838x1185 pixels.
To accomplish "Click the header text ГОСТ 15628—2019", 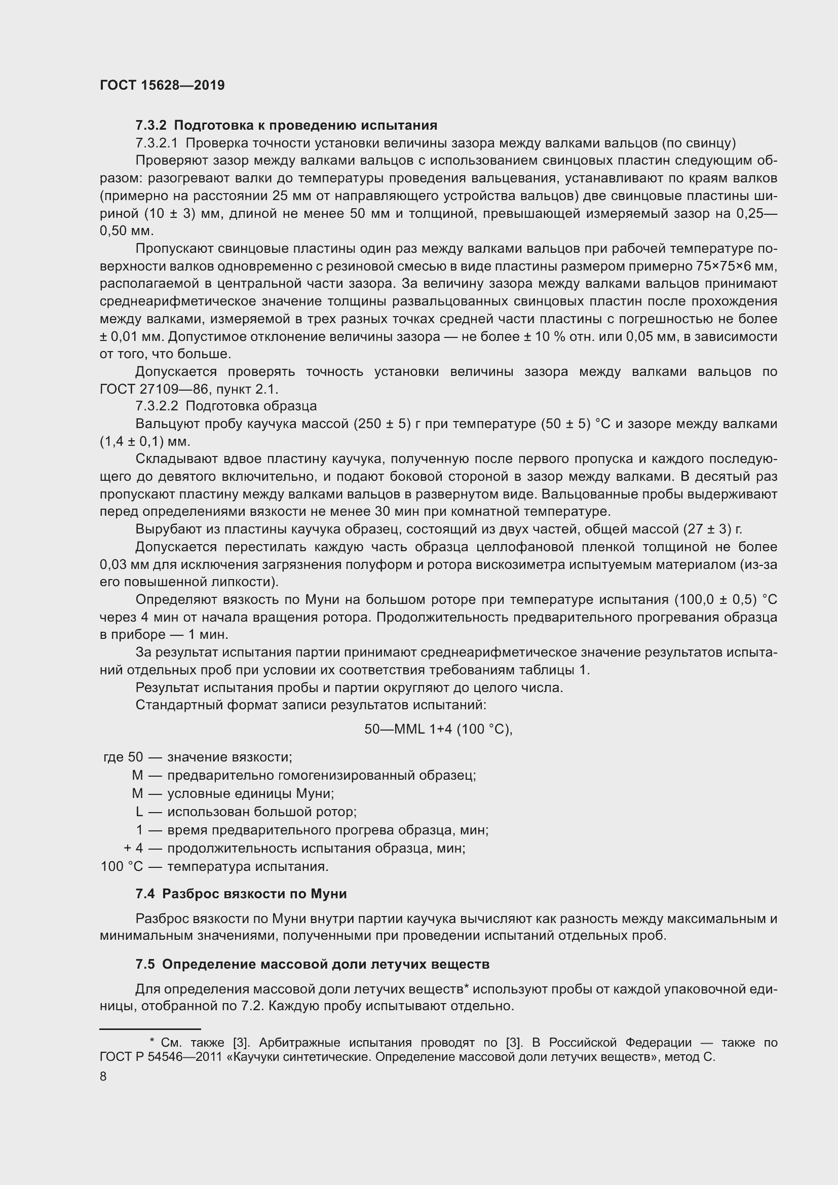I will (162, 86).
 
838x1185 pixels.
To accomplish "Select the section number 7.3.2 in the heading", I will (151, 126).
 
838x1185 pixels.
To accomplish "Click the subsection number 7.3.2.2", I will (157, 406).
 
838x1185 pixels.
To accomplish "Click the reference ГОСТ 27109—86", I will (151, 389).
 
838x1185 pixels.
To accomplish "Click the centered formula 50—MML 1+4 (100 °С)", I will (438, 729).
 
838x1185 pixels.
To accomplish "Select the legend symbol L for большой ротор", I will (139, 812).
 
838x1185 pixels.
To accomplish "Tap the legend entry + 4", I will (133, 848).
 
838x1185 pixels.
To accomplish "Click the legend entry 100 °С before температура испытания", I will (121, 866).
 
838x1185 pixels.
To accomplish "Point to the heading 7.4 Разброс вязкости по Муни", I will (241, 894).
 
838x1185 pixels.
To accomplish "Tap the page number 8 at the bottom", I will (103, 1077).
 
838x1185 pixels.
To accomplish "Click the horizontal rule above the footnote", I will (149, 1028).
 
